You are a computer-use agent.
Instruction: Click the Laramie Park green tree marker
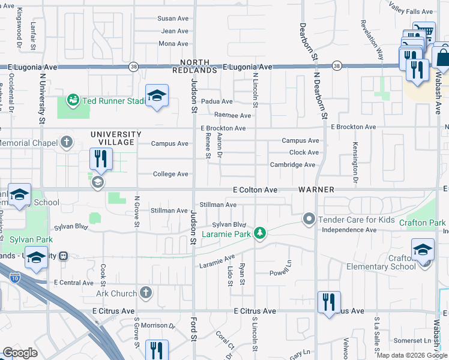259,232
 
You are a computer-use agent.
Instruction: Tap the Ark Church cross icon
145,293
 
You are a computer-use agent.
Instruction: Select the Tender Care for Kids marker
309,219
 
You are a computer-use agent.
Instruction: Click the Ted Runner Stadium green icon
73,100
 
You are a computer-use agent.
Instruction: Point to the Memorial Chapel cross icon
67,143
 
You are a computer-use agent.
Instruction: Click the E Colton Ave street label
255,190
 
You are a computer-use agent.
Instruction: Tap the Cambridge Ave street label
292,164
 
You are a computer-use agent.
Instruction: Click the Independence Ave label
346,230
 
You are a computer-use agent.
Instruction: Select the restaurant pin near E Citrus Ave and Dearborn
328,302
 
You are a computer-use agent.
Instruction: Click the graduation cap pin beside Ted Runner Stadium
157,96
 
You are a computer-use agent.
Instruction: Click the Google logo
20,353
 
